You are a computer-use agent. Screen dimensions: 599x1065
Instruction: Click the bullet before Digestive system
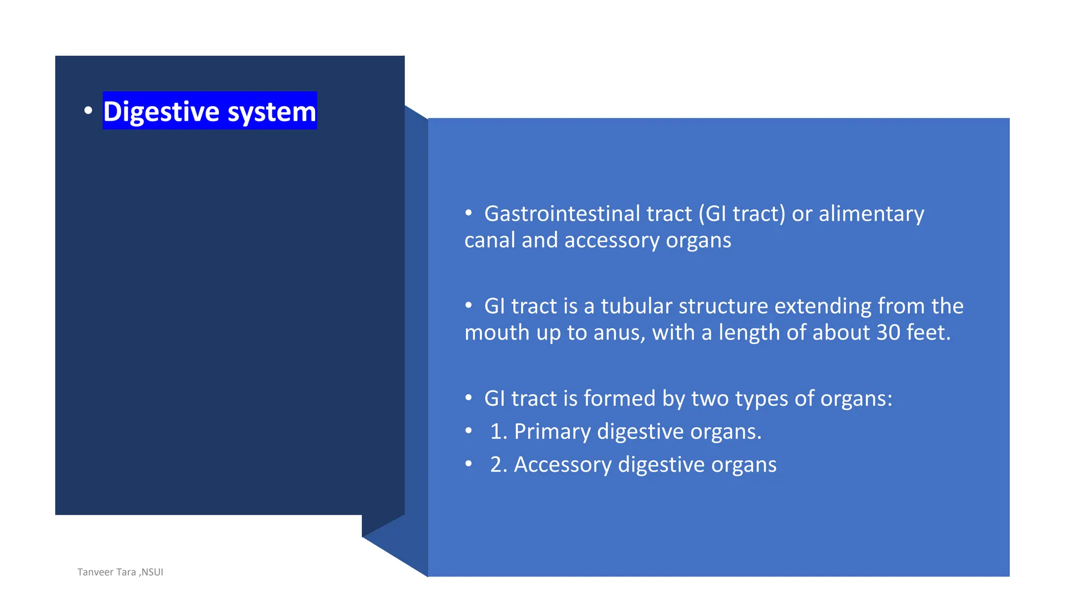88,110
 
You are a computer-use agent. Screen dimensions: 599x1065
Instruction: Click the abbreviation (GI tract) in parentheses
742,214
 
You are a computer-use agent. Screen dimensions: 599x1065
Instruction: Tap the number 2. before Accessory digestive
498,464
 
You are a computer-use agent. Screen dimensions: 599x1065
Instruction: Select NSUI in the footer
152,572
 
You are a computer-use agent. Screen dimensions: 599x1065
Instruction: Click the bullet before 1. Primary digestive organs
469,431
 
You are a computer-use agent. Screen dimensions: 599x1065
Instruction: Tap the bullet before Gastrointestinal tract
469,213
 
